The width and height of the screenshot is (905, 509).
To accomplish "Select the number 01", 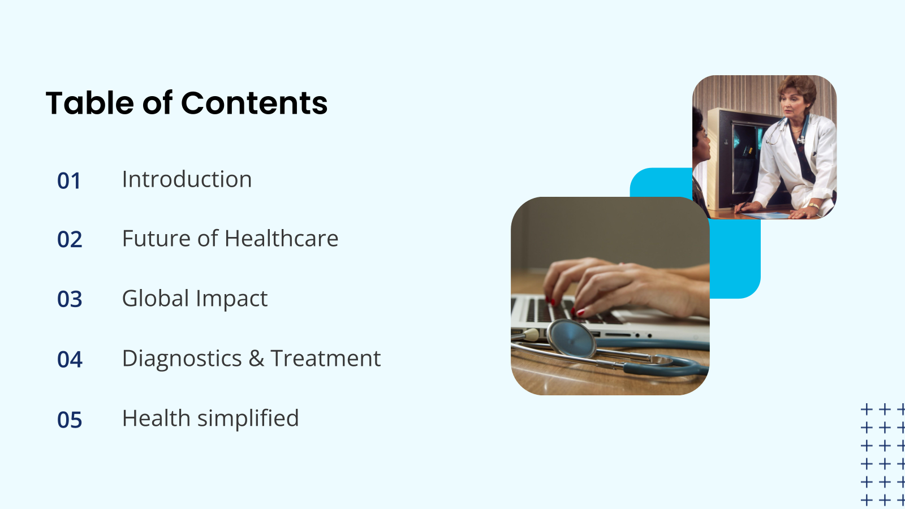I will click(x=69, y=181).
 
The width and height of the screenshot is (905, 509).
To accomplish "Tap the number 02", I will click(x=70, y=240).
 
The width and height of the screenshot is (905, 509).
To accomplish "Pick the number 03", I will click(x=70, y=299).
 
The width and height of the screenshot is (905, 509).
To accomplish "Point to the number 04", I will click(x=70, y=360).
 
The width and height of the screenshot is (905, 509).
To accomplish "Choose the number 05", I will click(x=70, y=420).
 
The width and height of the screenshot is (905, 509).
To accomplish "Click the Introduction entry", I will click(x=187, y=179).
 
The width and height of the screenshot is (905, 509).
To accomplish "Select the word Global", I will click(x=156, y=299).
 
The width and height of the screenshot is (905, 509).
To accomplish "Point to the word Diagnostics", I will click(x=182, y=359).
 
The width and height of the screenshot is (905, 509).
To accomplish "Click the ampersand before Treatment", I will click(x=256, y=359).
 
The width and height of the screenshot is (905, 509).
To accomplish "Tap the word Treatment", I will click(x=326, y=359).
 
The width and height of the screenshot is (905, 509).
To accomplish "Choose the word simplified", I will click(x=248, y=419).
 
